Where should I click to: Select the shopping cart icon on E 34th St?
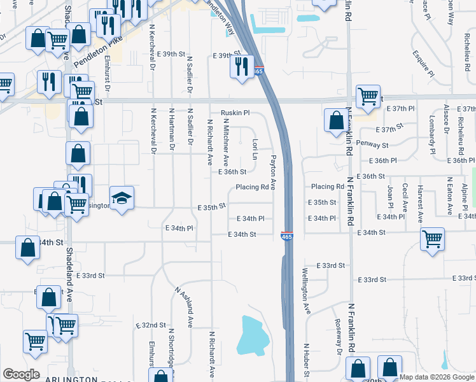coord(432,240)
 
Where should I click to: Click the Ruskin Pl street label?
coord(235,113)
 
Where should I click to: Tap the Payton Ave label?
coord(273,172)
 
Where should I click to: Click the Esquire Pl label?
coord(423,64)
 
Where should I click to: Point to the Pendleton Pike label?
coord(97,57)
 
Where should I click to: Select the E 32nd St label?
coord(151,325)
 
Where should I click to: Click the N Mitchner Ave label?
coord(225,143)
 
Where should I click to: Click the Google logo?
coord(21,374)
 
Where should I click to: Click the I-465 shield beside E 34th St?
coord(286,236)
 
